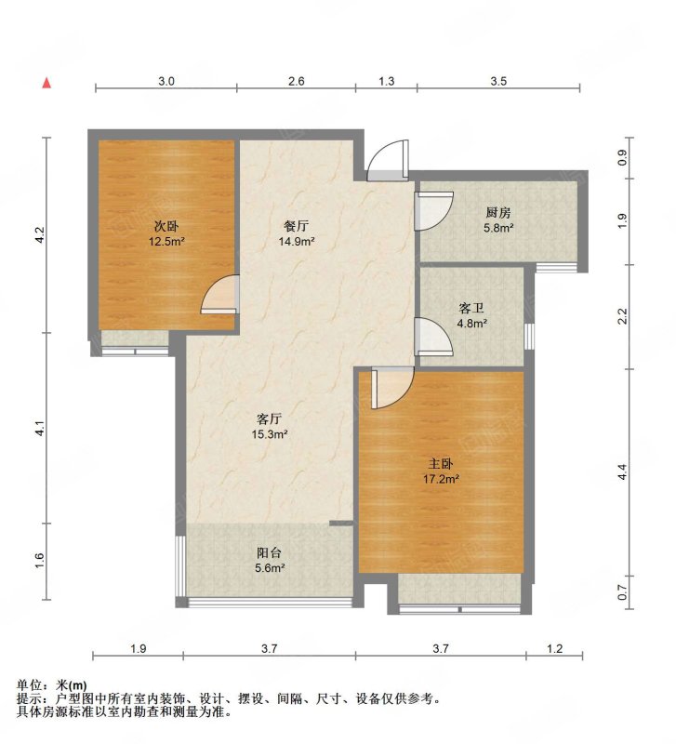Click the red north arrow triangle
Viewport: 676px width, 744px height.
tap(46, 83)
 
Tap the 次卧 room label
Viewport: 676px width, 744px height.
tap(166, 226)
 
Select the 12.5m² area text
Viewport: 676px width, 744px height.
tap(166, 242)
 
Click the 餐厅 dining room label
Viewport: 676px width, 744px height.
tap(297, 225)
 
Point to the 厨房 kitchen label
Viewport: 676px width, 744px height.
tap(498, 212)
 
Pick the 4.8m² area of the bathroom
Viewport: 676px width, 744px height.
tap(472, 324)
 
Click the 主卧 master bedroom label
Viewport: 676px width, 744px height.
tap(441, 462)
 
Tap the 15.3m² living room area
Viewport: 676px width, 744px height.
tap(270, 433)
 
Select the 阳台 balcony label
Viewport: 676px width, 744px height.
tap(270, 552)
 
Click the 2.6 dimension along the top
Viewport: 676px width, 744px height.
tap(296, 81)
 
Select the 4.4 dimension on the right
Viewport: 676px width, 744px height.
tap(622, 472)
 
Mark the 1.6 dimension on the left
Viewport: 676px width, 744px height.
tap(39, 561)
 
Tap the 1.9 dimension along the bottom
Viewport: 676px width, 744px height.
tap(138, 648)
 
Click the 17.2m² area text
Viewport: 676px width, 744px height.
tap(441, 479)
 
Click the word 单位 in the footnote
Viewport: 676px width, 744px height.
tap(28, 685)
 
